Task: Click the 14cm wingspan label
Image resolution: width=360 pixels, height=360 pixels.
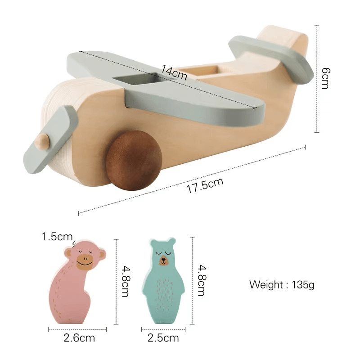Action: (x=174, y=72)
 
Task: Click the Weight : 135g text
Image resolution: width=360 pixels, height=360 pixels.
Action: (x=282, y=285)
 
